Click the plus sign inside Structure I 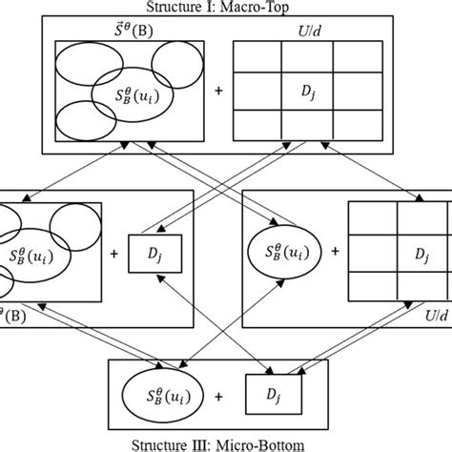219,92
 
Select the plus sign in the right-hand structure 335,254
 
